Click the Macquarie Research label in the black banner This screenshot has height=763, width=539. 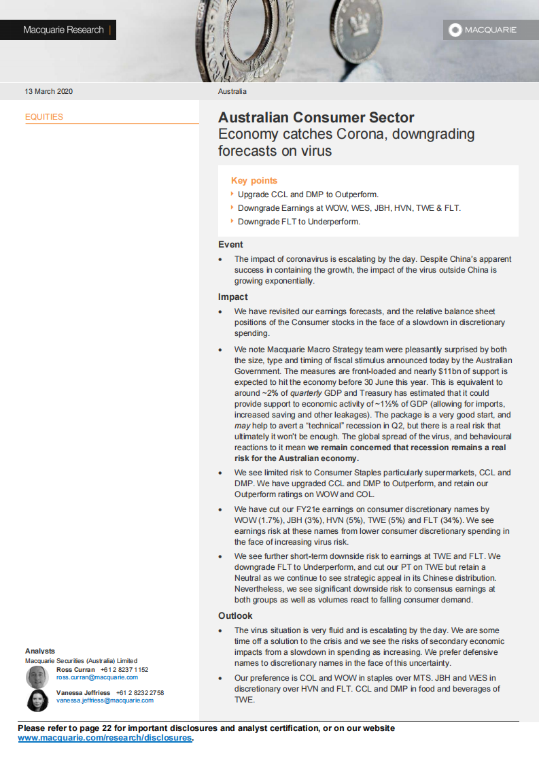pos(63,30)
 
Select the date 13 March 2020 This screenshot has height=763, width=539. pos(48,91)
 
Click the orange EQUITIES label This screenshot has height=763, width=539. pos(44,117)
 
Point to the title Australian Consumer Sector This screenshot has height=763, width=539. pos(316,118)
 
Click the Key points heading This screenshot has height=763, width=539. pos(254,181)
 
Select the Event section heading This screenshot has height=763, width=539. pos(230,245)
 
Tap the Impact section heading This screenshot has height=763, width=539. pos(232,297)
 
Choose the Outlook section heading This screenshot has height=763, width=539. pos(235,616)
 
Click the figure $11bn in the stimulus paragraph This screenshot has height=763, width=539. pos(399,371)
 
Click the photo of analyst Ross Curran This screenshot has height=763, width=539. pos(37,677)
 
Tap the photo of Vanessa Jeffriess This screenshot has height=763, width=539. pos(37,700)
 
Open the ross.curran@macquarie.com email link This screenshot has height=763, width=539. pos(97,677)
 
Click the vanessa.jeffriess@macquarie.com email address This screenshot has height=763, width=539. pos(105,700)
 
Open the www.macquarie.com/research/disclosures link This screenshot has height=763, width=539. pos(105,738)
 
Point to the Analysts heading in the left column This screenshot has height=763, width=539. pos(40,651)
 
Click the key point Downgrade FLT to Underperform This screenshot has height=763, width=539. pos(298,222)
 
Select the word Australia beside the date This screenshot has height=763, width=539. pos(232,91)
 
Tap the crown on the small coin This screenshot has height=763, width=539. pos(356,27)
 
